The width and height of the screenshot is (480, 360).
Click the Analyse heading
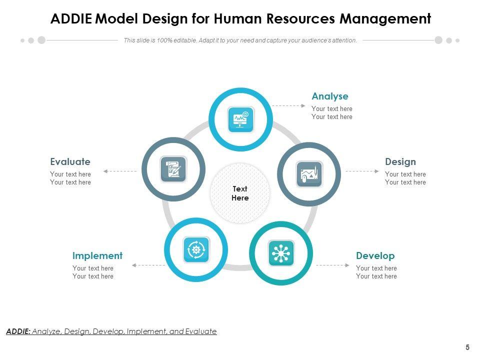click(x=329, y=96)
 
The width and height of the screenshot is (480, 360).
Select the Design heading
click(x=400, y=161)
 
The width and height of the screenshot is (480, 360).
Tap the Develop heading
click(x=375, y=255)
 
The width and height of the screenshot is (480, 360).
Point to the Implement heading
click(x=97, y=255)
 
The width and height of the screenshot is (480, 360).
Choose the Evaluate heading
click(x=70, y=161)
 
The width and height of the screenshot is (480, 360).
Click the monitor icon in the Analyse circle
click(x=240, y=119)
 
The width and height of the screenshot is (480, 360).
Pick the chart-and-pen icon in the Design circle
click(x=309, y=174)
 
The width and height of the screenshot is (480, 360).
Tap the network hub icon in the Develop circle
click(x=281, y=252)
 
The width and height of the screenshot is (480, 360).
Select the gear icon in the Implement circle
click(x=196, y=249)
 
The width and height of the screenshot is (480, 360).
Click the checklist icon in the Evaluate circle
click(x=173, y=169)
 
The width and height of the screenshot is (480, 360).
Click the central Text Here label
click(x=240, y=193)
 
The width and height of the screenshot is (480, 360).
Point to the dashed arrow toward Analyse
click(x=288, y=105)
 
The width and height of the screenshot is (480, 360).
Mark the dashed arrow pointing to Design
click(x=362, y=171)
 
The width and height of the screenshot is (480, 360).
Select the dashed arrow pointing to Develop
click(x=333, y=265)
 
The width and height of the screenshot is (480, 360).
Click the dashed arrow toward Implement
click(x=148, y=265)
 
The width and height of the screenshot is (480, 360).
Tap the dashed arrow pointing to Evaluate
click(x=120, y=171)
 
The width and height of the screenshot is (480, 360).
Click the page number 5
click(x=467, y=347)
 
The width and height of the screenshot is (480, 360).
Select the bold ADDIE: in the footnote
click(x=18, y=331)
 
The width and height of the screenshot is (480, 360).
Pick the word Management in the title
click(x=385, y=19)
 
